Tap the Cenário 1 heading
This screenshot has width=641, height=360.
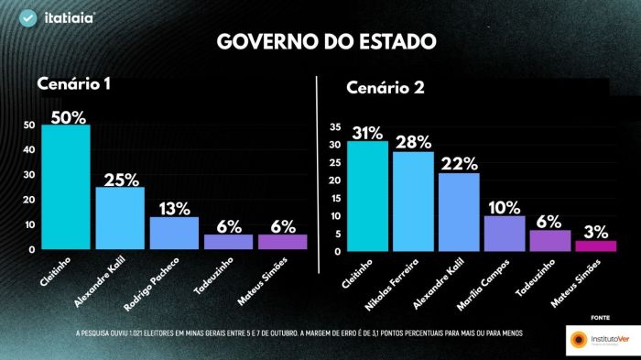[74, 84]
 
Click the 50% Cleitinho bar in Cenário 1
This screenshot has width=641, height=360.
[66, 187]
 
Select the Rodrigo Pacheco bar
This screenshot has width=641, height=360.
[174, 233]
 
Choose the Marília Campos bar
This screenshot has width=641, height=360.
[505, 234]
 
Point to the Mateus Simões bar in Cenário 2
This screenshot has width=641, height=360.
[595, 245]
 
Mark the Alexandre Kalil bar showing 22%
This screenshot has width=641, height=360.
[459, 212]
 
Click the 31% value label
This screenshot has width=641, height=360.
[367, 131]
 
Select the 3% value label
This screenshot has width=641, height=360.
[595, 230]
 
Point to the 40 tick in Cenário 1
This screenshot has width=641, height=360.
[30, 149]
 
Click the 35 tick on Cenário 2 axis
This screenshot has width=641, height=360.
[334, 127]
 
